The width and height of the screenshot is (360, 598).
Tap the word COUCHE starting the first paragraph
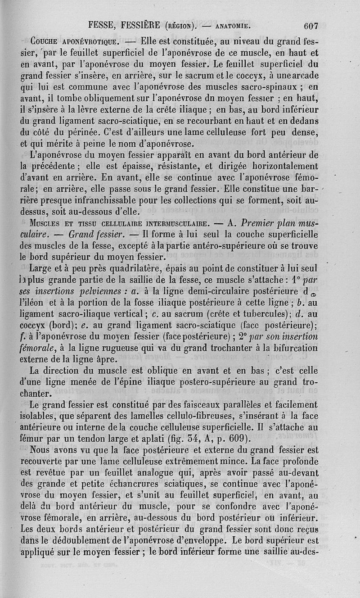tap(43, 42)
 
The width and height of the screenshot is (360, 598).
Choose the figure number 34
tap(180, 439)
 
